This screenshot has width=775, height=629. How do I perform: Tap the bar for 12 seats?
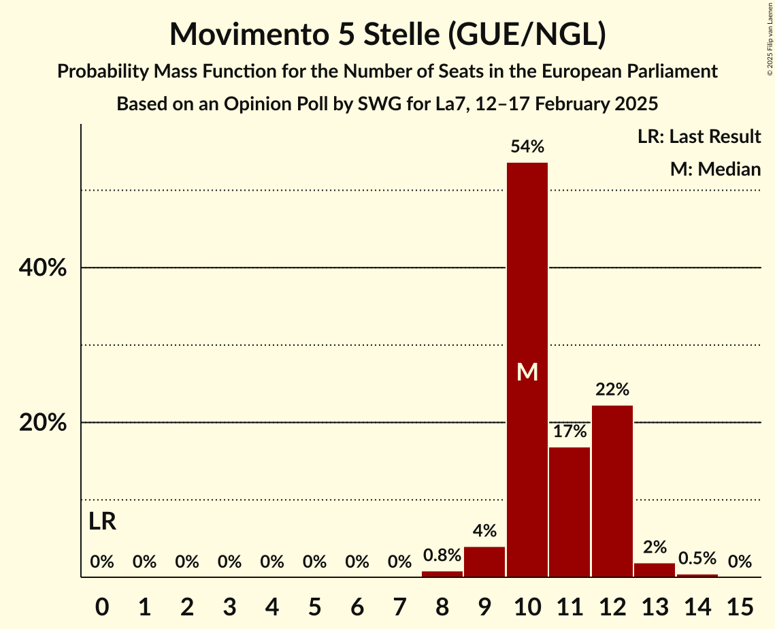point(612,491)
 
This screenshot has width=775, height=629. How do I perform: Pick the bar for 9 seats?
point(484,562)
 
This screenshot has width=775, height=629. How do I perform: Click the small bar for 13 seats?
point(655,570)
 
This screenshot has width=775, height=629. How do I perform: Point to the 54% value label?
point(527,146)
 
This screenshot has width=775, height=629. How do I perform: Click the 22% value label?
point(612,390)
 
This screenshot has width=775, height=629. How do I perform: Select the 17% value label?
point(570,431)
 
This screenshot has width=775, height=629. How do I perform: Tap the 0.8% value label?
point(442,556)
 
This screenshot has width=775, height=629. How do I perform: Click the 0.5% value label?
point(697,559)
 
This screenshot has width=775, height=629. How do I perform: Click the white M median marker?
point(527,372)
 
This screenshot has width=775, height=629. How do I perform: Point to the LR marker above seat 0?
point(102,522)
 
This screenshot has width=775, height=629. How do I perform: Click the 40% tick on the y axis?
point(43,268)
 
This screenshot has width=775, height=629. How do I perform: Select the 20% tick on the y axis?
point(43,423)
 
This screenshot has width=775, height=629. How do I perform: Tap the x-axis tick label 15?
point(740,604)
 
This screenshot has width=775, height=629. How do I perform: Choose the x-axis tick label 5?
point(314,604)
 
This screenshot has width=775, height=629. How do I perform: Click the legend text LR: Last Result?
point(699,137)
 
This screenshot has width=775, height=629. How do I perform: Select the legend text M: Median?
point(715,169)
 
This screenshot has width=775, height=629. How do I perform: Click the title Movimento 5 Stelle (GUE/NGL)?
point(387,35)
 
